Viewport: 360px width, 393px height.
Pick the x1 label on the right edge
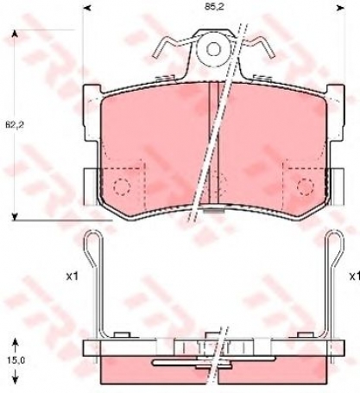tap(353, 276)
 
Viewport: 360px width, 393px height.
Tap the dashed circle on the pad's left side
tap(121, 186)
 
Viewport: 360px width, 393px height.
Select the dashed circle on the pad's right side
tap(304, 186)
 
